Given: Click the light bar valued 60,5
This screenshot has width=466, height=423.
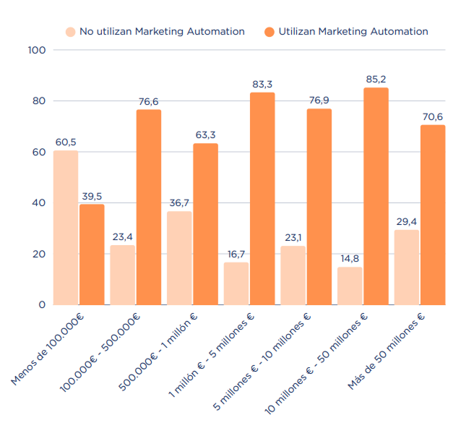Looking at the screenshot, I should click(66, 227).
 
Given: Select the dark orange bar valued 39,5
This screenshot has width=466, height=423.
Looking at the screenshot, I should click(92, 254).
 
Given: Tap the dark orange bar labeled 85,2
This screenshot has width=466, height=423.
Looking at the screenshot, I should click(376, 196).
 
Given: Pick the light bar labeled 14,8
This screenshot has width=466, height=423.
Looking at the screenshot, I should click(350, 286).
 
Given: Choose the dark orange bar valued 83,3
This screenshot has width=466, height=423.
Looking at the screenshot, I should click(262, 198).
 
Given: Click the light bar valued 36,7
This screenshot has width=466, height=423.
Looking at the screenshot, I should click(179, 257).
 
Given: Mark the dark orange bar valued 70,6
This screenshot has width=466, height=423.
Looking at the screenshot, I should click(433, 215).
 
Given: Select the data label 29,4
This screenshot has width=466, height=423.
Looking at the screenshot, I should click(406, 221).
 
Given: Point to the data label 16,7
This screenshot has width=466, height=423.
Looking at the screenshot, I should click(236, 254).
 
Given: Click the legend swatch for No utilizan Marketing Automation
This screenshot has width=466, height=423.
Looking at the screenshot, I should click(70, 32).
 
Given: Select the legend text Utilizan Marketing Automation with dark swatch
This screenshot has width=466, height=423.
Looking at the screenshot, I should click(353, 32).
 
